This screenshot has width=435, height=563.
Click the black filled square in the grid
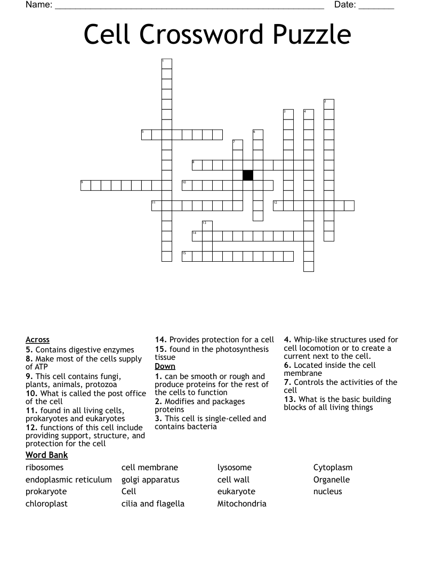click(248, 175)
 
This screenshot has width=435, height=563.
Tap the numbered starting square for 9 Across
click(85, 185)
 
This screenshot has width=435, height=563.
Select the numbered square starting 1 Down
click(167, 63)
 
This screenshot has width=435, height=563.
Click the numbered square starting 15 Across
click(187, 256)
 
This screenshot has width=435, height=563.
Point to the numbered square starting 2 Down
click(328, 104)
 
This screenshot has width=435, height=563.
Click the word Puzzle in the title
click(312, 35)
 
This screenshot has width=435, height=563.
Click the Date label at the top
click(345, 5)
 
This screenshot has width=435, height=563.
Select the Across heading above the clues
click(37, 340)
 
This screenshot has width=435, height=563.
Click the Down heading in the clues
click(165, 366)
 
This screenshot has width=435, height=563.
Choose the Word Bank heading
click(46, 455)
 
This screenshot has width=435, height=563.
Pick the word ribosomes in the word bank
click(44, 468)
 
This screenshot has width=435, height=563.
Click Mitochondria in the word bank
click(241, 503)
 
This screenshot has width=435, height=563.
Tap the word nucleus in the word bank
click(327, 491)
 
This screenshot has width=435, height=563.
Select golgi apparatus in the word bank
click(150, 479)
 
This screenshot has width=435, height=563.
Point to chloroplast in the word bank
click(46, 503)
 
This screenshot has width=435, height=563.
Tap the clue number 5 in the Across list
click(29, 350)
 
